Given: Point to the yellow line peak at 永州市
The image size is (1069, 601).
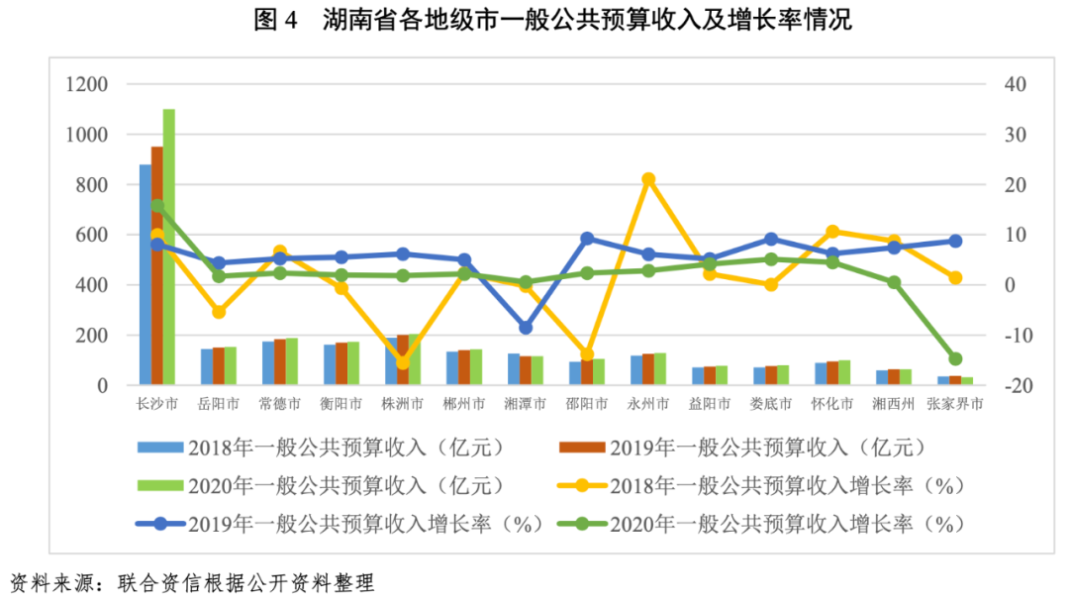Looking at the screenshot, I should point(648,179).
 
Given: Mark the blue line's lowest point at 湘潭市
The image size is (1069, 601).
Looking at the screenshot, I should point(526,327).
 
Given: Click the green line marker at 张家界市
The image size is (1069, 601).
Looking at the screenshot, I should point(955,358).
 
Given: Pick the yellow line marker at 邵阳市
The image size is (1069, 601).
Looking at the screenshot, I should point(587,354).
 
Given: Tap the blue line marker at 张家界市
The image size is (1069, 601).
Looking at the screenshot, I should point(955,241).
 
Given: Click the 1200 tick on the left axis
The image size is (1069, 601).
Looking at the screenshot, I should point(87,85).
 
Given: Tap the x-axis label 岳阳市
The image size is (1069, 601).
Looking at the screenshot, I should point(219,404).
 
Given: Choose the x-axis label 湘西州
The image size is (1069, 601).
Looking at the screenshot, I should point(894,404).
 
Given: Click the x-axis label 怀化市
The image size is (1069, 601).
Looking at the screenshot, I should point(832,404).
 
